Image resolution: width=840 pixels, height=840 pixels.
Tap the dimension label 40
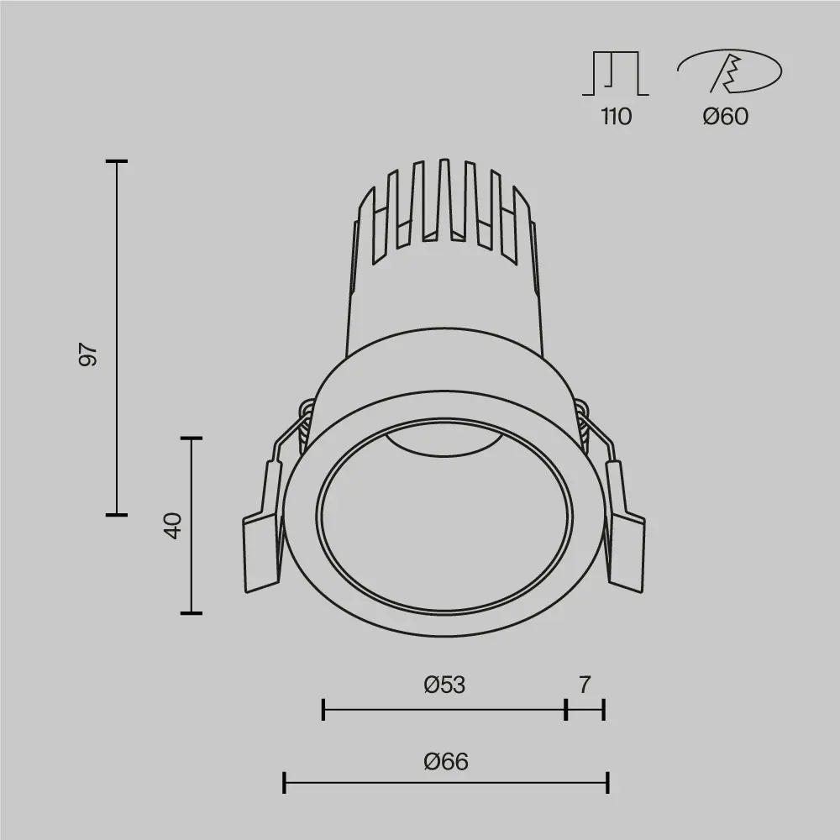click(173, 526)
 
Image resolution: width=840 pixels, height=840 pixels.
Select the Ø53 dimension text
click(444, 685)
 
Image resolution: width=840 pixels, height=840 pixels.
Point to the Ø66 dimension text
click(446, 762)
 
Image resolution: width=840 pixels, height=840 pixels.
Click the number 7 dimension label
click(585, 685)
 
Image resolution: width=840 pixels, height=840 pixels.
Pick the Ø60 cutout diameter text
click(725, 117)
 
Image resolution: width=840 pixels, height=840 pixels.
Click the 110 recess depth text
click(616, 117)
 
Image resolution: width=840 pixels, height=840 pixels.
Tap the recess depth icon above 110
click(616, 74)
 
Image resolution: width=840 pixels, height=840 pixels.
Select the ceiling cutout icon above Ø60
click(729, 72)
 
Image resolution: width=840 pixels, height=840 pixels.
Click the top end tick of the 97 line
click(116, 160)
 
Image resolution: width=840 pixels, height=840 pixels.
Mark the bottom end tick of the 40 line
click(192, 613)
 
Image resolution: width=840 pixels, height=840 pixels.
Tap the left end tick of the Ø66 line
click(285, 784)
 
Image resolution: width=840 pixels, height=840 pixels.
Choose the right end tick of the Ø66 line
click(607, 784)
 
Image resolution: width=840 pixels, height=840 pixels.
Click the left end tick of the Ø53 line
click(323, 710)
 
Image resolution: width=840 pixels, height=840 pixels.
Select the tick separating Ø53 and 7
click(566, 710)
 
